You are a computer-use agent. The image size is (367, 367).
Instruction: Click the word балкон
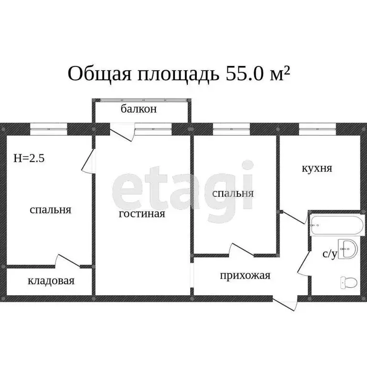click(x=139, y=109)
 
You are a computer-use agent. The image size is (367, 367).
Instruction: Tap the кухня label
click(x=317, y=168)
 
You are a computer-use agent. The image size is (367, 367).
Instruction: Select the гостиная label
click(x=142, y=214)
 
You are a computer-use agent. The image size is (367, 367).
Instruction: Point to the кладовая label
click(x=51, y=281)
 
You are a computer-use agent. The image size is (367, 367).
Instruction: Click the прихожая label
click(x=245, y=275)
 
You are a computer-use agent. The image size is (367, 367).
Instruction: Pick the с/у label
click(x=329, y=254)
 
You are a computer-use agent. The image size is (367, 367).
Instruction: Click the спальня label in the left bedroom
click(x=50, y=209)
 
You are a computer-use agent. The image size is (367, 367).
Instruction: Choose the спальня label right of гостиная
click(x=233, y=194)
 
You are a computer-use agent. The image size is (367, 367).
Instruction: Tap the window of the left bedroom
click(x=48, y=128)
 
